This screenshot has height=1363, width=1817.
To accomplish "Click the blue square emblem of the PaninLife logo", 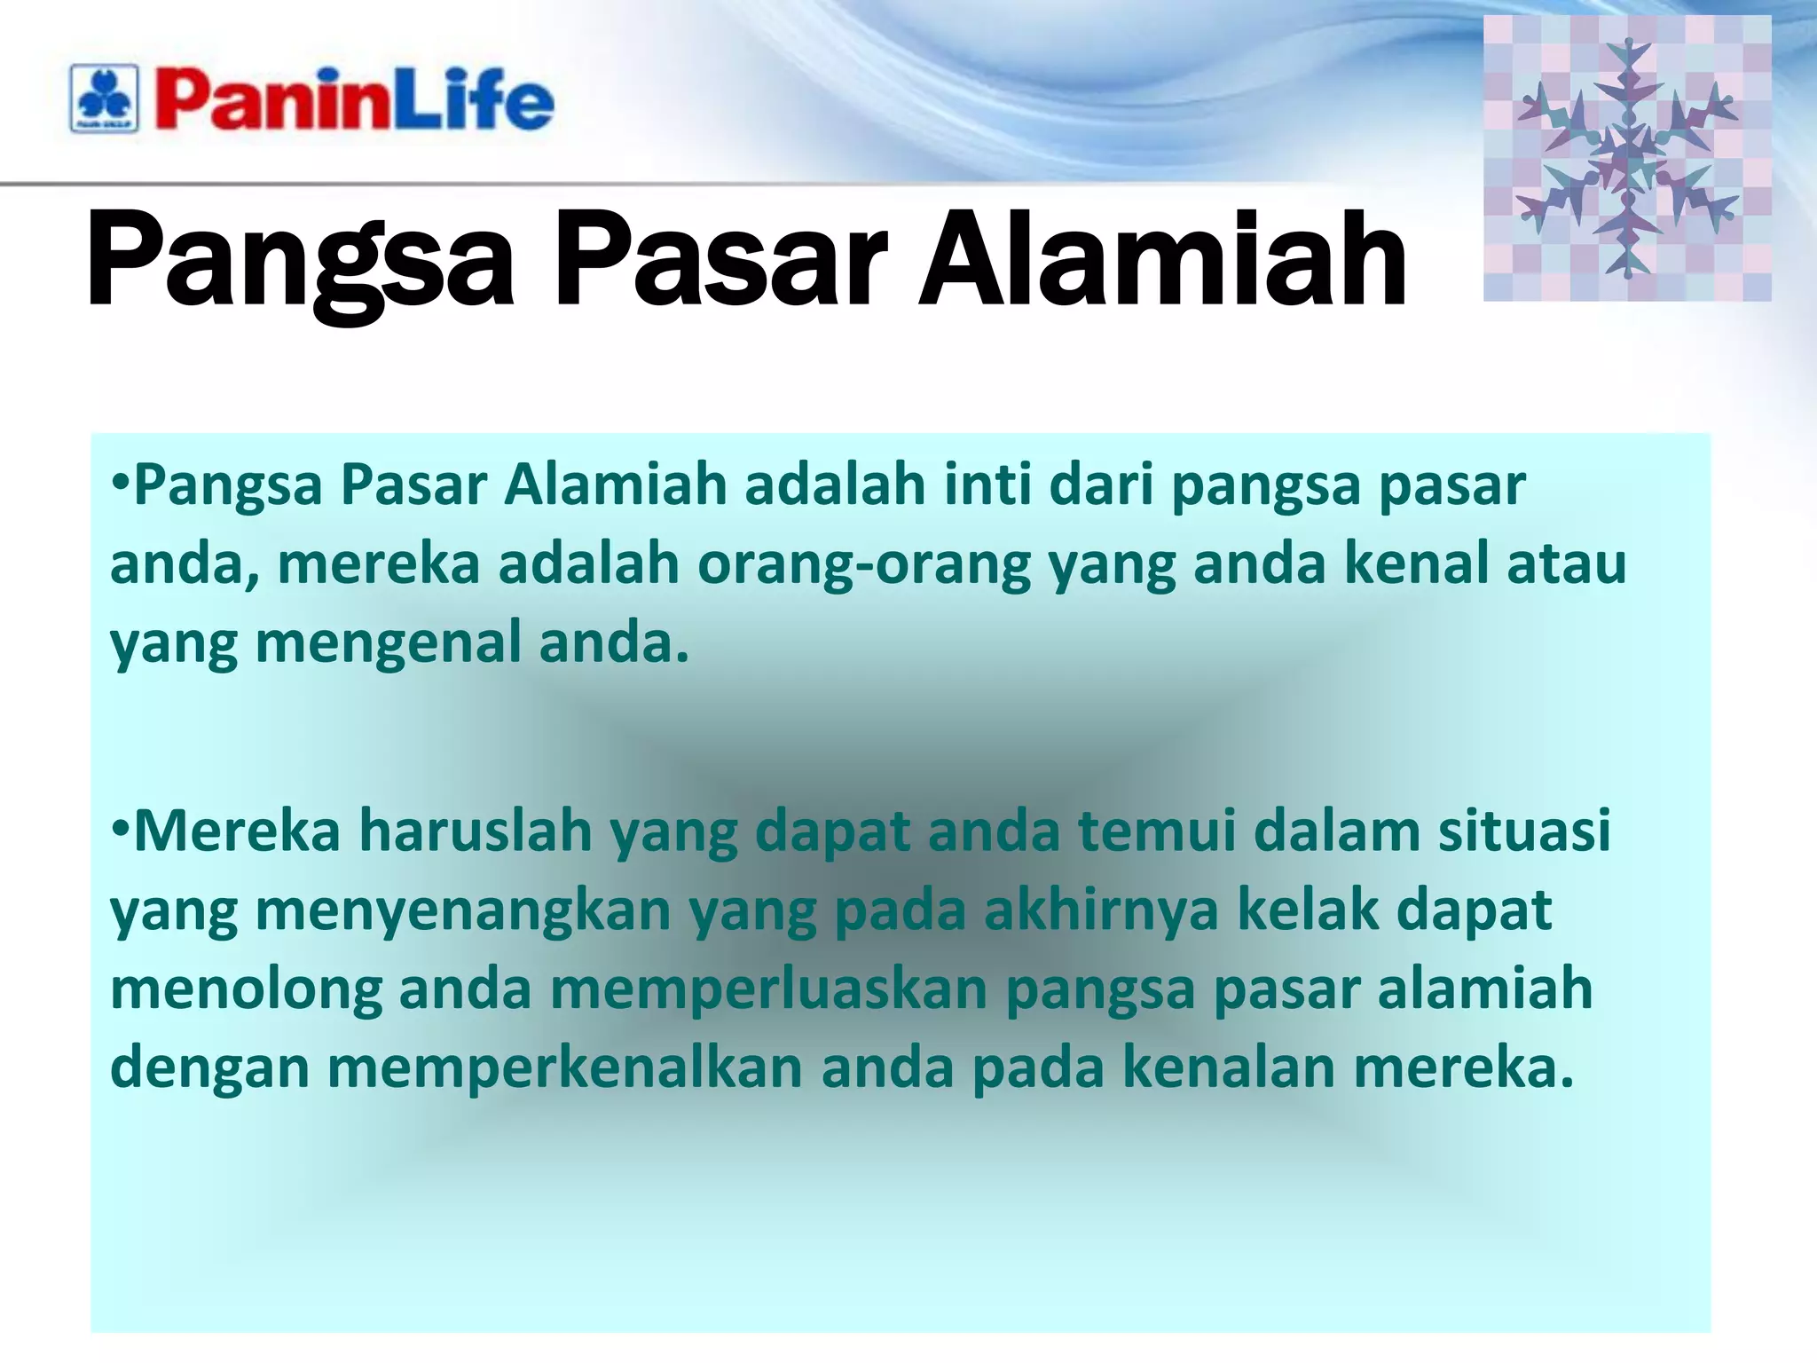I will [105, 98].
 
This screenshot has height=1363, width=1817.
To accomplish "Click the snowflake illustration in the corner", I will [1626, 158].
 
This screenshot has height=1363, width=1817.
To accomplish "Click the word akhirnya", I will [1101, 910].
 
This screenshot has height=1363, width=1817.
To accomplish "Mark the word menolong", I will [246, 989].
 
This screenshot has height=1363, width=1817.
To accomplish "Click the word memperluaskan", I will [768, 989].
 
